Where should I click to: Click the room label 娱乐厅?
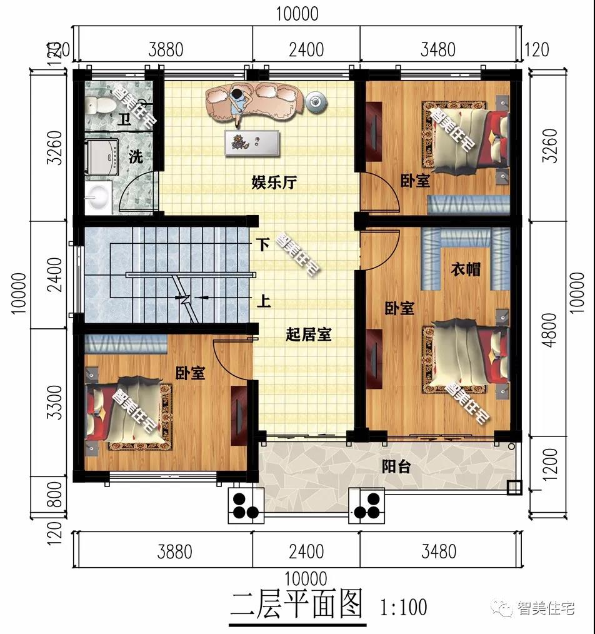click(274, 183)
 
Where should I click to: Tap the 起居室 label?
click(309, 335)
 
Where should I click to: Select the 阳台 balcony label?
click(396, 466)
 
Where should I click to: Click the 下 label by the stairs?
click(263, 244)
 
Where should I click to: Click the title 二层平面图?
click(296, 604)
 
